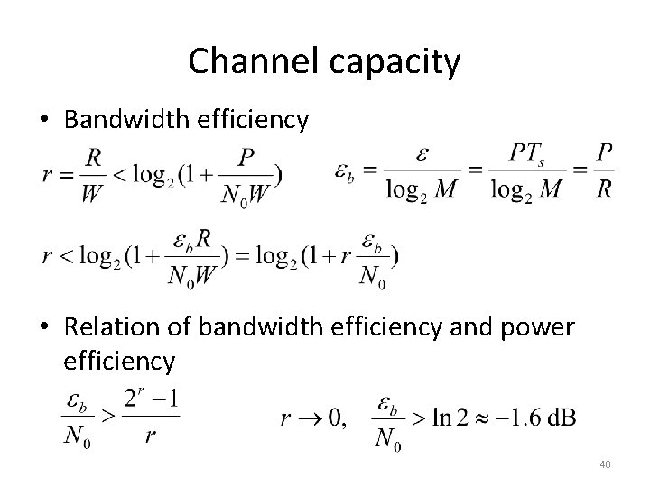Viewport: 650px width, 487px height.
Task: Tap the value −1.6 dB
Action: pos(538,418)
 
